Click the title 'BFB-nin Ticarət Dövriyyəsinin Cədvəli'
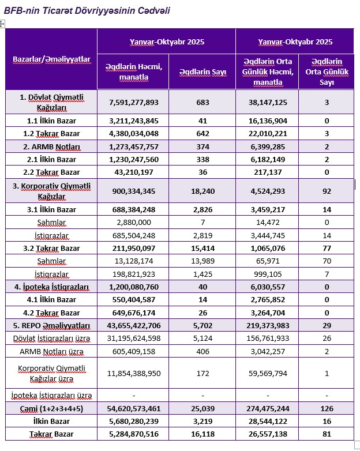pos(87,11)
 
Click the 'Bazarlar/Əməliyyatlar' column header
pos(51,59)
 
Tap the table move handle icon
pos(2,24)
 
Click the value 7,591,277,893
pos(133,102)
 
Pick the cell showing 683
pos(202,102)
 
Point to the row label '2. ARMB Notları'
pos(51,146)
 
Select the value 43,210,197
pos(133,172)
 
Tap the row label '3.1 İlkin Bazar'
pos(51,210)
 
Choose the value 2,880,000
pos(133,223)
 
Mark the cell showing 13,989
pos(202,261)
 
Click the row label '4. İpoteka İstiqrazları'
pos(51,287)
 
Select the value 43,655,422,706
pos(133,326)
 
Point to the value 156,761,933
pos(267,338)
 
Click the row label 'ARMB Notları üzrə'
pos(51,351)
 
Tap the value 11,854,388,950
pos(133,373)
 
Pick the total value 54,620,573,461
pos(133,409)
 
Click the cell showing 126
pos(327,409)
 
